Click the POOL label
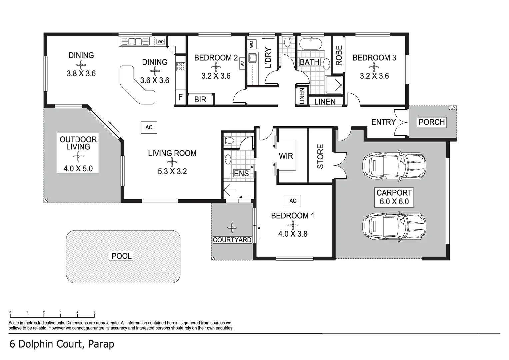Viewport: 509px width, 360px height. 121,256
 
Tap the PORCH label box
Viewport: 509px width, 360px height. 432,122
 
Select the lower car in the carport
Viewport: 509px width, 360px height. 394,227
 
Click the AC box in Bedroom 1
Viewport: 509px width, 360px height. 293,201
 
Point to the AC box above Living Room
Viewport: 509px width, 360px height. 149,127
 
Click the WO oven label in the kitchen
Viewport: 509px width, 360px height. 161,42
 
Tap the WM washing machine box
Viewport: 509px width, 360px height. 252,43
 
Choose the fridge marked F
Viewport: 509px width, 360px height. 180,97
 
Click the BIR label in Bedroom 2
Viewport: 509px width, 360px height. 200,99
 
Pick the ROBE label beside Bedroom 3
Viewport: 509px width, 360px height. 339,55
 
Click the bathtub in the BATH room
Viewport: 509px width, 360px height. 311,44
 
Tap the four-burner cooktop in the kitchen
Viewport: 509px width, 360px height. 181,66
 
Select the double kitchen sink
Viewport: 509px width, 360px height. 135,42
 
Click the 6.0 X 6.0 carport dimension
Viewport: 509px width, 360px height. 394,202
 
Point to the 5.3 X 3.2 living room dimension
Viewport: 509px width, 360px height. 172,171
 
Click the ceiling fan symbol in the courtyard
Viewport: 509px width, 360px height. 232,228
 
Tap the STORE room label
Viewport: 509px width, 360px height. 320,156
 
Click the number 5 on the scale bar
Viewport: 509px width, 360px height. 94,313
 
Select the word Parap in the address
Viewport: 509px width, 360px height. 101,344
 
